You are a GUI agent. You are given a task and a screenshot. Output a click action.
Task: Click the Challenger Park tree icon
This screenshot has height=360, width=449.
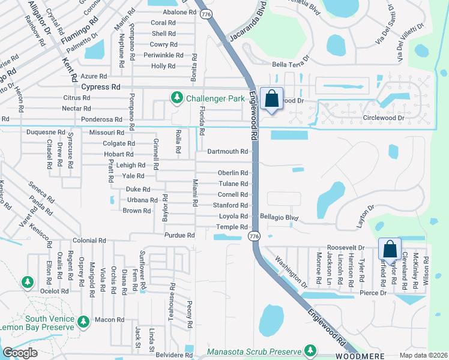coord(176,97)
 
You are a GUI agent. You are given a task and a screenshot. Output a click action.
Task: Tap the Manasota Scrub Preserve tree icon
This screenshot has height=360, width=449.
coord(310,350)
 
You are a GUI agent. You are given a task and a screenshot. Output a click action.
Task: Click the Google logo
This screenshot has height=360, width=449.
coord(20,353)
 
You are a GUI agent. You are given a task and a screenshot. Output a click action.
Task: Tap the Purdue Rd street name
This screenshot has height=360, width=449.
coord(182,236)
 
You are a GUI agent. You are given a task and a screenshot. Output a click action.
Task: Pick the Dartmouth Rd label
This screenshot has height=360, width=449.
coord(227,152)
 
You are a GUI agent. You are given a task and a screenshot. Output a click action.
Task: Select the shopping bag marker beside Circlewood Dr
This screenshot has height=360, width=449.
coord(271,98)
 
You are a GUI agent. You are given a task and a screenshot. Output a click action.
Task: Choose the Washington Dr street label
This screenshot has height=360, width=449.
coord(291,272)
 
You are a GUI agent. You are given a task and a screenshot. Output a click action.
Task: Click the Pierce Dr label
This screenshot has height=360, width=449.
coord(373,293)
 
